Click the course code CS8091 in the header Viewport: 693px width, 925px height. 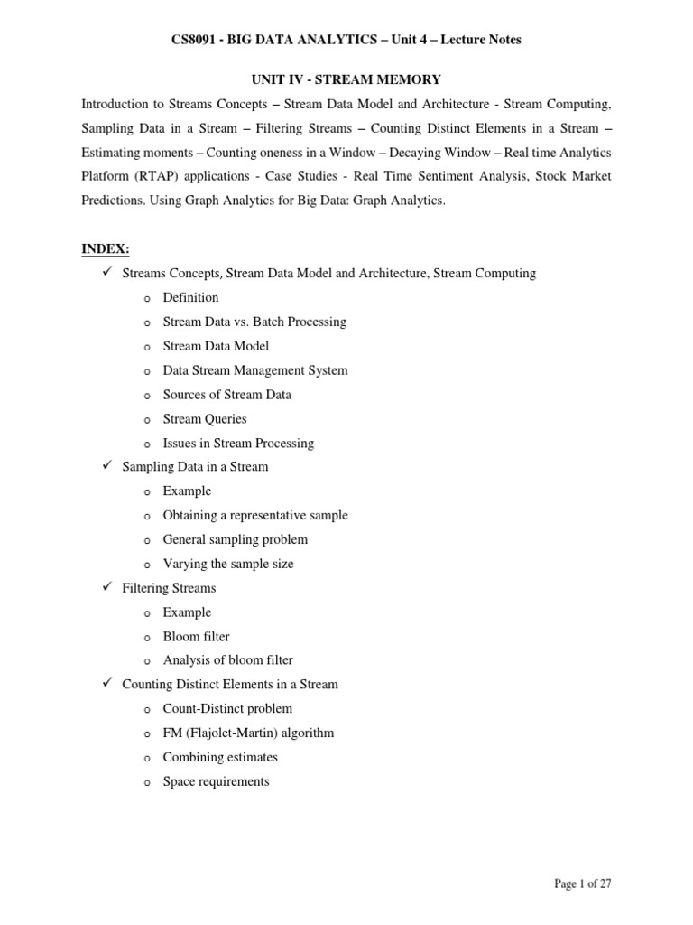click(196, 40)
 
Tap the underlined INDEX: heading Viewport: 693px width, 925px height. click(106, 248)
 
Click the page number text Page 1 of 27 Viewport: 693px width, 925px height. click(582, 883)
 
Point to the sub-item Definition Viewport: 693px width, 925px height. click(190, 297)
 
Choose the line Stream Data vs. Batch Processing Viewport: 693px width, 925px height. click(254, 322)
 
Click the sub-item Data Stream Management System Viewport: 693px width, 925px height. click(254, 370)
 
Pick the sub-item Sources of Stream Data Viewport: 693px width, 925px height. click(226, 395)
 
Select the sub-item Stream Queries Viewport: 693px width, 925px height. click(204, 419)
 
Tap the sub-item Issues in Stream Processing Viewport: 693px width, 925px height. click(238, 444)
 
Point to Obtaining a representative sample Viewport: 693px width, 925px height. click(254, 515)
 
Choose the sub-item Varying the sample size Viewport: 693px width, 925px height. click(227, 564)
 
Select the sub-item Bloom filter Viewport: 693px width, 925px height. click(197, 636)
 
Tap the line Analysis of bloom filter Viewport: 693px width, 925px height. click(227, 660)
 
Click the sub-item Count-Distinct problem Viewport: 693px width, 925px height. click(227, 709)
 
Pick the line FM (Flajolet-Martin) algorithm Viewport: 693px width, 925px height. click(248, 733)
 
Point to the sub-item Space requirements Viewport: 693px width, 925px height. click(216, 781)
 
